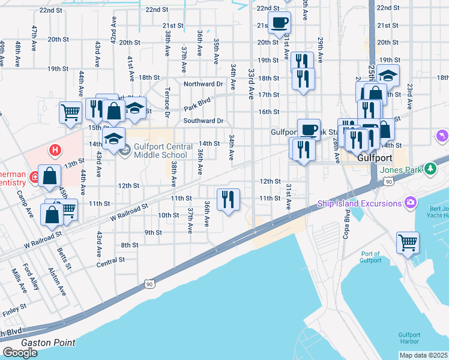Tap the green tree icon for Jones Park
[430, 169]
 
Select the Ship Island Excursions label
[359, 203]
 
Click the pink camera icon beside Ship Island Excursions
[411, 203]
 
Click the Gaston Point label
[49, 343]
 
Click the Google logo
[20, 353]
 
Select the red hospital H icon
[55, 149]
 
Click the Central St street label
[110, 260]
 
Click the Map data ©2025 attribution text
[424, 355]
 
